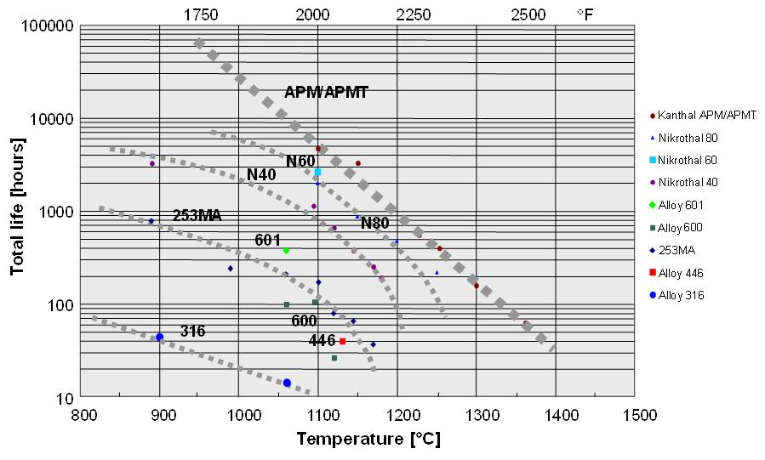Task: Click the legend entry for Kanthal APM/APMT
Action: pyautogui.click(x=690, y=115)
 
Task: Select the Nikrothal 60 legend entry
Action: pyautogui.click(x=687, y=160)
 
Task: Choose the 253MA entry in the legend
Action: pyautogui.click(x=679, y=250)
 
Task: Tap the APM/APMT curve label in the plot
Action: pyautogui.click(x=326, y=93)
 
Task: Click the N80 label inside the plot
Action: pyautogui.click(x=374, y=224)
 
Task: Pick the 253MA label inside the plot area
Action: pyautogui.click(x=197, y=216)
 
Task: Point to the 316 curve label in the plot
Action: pyautogui.click(x=192, y=332)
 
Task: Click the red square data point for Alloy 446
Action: pyautogui.click(x=343, y=341)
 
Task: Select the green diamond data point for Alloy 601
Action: pyautogui.click(x=286, y=251)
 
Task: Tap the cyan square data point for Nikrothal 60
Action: pyautogui.click(x=317, y=172)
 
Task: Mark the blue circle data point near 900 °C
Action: pyautogui.click(x=159, y=338)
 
